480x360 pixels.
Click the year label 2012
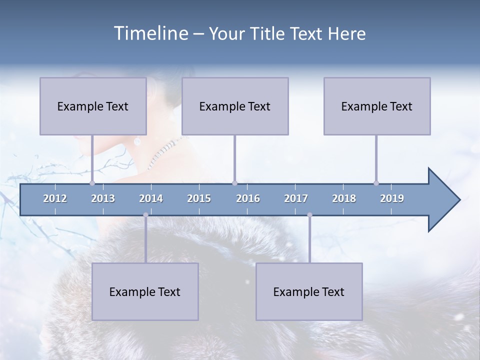pos(55,198)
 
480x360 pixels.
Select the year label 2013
pos(103,198)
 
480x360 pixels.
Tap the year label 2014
pos(151,198)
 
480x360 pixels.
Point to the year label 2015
pos(199,198)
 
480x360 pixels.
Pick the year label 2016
pos(248,198)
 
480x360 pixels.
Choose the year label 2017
pos(296,198)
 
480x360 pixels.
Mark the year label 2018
pos(344,198)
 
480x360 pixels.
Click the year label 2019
pos(392,198)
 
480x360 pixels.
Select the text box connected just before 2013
pos(93,106)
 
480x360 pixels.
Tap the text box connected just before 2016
pos(235,106)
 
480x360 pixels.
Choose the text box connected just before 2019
pos(377,106)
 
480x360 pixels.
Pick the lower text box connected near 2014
pos(145,291)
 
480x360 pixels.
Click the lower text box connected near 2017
pos(309,291)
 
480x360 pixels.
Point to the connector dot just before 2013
pos(92,183)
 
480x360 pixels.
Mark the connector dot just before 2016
pos(234,183)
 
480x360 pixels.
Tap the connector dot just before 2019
pos(376,183)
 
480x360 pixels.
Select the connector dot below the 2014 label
pos(145,215)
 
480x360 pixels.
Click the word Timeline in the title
pos(150,33)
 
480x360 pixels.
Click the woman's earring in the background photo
pos(137,141)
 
